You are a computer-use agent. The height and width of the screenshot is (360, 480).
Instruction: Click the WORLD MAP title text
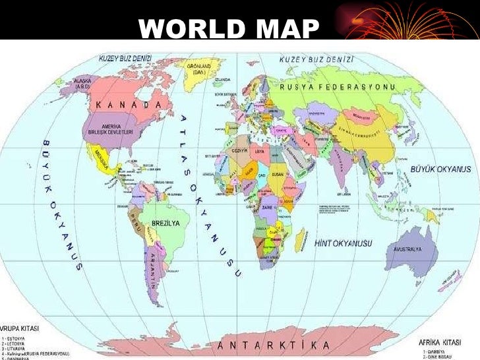pyautogui.click(x=229, y=28)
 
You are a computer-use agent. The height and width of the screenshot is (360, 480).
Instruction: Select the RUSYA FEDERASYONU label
pyautogui.click(x=337, y=87)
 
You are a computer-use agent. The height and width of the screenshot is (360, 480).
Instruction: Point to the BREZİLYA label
pyautogui.click(x=166, y=224)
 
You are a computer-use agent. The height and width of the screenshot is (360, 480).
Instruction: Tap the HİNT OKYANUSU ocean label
pyautogui.click(x=344, y=243)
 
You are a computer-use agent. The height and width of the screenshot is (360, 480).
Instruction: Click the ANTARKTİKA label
pyautogui.click(x=274, y=345)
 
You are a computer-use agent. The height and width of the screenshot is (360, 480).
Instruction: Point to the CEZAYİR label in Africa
pyautogui.click(x=241, y=150)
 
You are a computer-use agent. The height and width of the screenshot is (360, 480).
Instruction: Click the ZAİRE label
pyautogui.click(x=267, y=206)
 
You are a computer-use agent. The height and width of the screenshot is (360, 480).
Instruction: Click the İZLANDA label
pyautogui.click(x=223, y=79)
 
